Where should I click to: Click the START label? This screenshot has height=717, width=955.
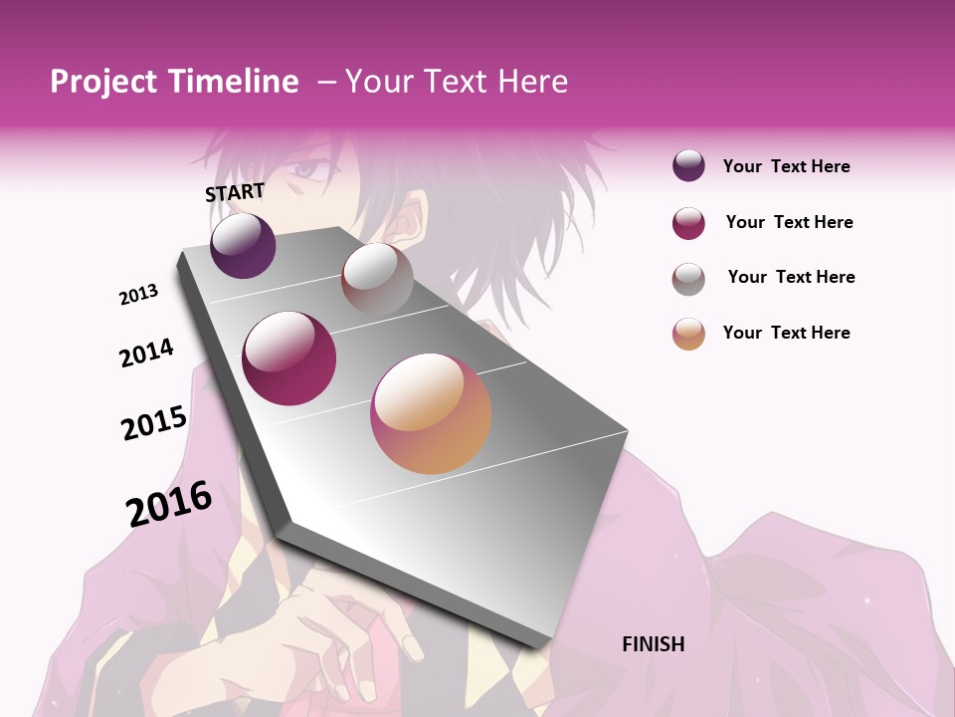pyautogui.click(x=235, y=192)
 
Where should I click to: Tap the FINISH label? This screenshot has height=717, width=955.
pyautogui.click(x=653, y=644)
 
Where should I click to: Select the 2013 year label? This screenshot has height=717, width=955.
pyautogui.click(x=139, y=295)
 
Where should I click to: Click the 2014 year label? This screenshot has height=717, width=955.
pyautogui.click(x=146, y=353)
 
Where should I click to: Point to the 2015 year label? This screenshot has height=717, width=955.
pyautogui.click(x=154, y=422)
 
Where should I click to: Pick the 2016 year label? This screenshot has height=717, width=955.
pyautogui.click(x=169, y=503)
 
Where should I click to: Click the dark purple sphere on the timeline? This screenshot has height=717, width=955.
pyautogui.click(x=243, y=245)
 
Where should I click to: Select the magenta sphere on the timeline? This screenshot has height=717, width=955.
pyautogui.click(x=289, y=358)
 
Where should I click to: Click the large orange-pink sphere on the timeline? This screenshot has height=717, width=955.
pyautogui.click(x=431, y=413)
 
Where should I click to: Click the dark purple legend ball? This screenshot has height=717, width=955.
pyautogui.click(x=688, y=165)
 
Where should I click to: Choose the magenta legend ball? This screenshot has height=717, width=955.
pyautogui.click(x=688, y=223)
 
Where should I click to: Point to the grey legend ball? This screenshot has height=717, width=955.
pyautogui.click(x=688, y=279)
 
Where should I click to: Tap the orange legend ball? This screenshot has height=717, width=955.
pyautogui.click(x=688, y=334)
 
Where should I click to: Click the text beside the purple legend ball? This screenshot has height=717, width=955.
pyautogui.click(x=786, y=166)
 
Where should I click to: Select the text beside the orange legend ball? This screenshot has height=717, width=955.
pyautogui.click(x=786, y=333)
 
